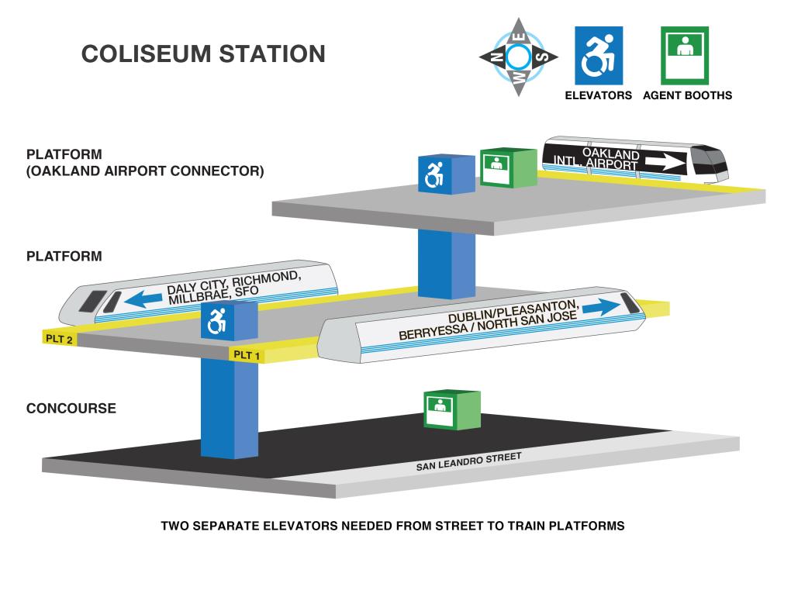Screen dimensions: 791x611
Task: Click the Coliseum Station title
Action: pyautogui.click(x=203, y=54)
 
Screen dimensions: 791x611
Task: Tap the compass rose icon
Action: pyautogui.click(x=518, y=57)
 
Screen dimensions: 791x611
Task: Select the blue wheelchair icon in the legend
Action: pyautogui.click(x=599, y=56)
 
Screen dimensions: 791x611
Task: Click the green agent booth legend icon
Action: pyautogui.click(x=685, y=56)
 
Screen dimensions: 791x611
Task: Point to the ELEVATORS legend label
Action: pyautogui.click(x=599, y=95)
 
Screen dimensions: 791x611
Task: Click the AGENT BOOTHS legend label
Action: pyautogui.click(x=687, y=95)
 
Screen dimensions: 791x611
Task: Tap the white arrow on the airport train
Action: pyautogui.click(x=665, y=162)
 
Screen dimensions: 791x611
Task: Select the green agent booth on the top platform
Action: pyautogui.click(x=508, y=167)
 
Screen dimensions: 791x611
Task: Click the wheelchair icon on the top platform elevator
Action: pyautogui.click(x=433, y=174)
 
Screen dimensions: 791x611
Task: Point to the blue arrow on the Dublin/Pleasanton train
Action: pyautogui.click(x=601, y=307)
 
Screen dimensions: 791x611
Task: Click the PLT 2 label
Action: pyautogui.click(x=59, y=339)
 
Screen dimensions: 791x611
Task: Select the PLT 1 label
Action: pyautogui.click(x=247, y=354)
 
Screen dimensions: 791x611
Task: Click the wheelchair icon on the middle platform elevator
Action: pyautogui.click(x=217, y=321)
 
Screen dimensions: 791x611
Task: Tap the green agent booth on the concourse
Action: pyautogui.click(x=452, y=409)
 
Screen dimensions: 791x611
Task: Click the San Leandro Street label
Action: pyautogui.click(x=468, y=461)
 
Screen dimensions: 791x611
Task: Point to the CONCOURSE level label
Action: pyautogui.click(x=71, y=408)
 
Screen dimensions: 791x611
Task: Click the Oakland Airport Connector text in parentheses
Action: pyautogui.click(x=145, y=171)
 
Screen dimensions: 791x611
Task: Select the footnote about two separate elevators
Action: pyautogui.click(x=392, y=526)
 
